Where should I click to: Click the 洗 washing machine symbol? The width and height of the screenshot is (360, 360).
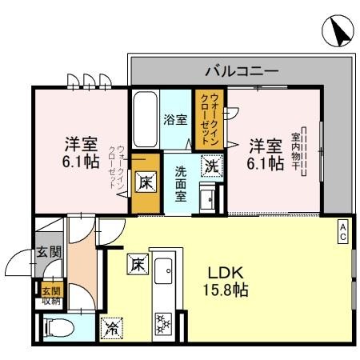[210, 166]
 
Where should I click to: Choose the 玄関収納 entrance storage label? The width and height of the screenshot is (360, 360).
[50, 296]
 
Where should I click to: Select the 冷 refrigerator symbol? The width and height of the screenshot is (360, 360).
[110, 326]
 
